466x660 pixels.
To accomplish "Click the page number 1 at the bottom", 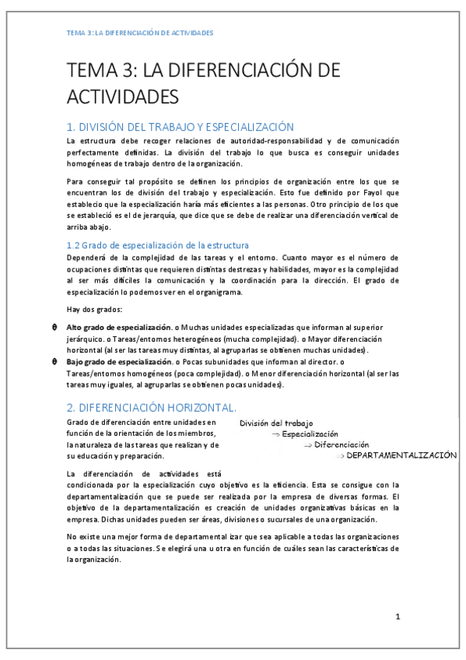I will (398, 616).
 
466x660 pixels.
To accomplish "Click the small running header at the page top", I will (140, 33).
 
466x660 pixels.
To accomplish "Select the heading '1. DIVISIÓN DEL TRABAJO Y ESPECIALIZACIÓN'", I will (180, 127).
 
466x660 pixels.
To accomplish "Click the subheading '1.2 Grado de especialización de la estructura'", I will (158, 245).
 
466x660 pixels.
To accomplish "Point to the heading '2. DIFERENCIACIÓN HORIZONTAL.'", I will (152, 407).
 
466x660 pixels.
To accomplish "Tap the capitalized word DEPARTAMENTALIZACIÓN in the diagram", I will (401, 455).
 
